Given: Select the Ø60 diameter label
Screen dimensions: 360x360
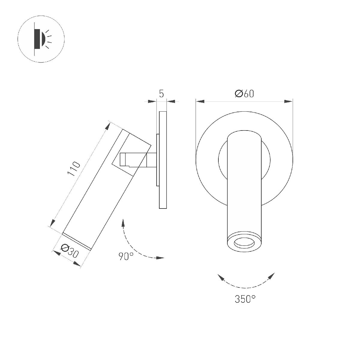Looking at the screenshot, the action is (244, 94).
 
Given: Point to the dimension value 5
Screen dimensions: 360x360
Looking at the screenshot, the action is (161, 94).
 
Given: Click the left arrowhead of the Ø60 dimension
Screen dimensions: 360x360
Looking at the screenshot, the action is (200, 101).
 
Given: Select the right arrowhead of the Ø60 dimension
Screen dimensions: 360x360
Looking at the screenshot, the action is (288, 101).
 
